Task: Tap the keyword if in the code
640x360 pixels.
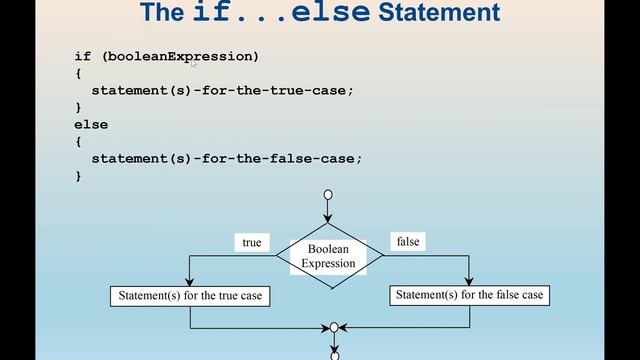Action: pyautogui.click(x=82, y=56)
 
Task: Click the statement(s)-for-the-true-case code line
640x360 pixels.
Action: pyautogui.click(x=222, y=90)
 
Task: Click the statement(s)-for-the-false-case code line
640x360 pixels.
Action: pyautogui.click(x=226, y=158)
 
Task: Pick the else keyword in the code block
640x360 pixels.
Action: pyautogui.click(x=91, y=124)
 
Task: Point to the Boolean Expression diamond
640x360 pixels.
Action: pyautogui.click(x=330, y=256)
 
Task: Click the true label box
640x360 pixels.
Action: pyautogui.click(x=252, y=243)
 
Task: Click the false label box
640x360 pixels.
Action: pyautogui.click(x=407, y=242)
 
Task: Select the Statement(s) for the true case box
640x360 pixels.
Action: pyautogui.click(x=190, y=296)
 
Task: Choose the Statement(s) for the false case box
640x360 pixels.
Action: pyautogui.click(x=469, y=295)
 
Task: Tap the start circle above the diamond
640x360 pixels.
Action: pyautogui.click(x=328, y=195)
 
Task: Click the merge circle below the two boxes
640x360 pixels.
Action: pyautogui.click(x=334, y=327)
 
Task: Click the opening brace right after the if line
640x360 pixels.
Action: pyautogui.click(x=78, y=73)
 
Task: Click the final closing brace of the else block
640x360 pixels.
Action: pyautogui.click(x=78, y=175)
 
